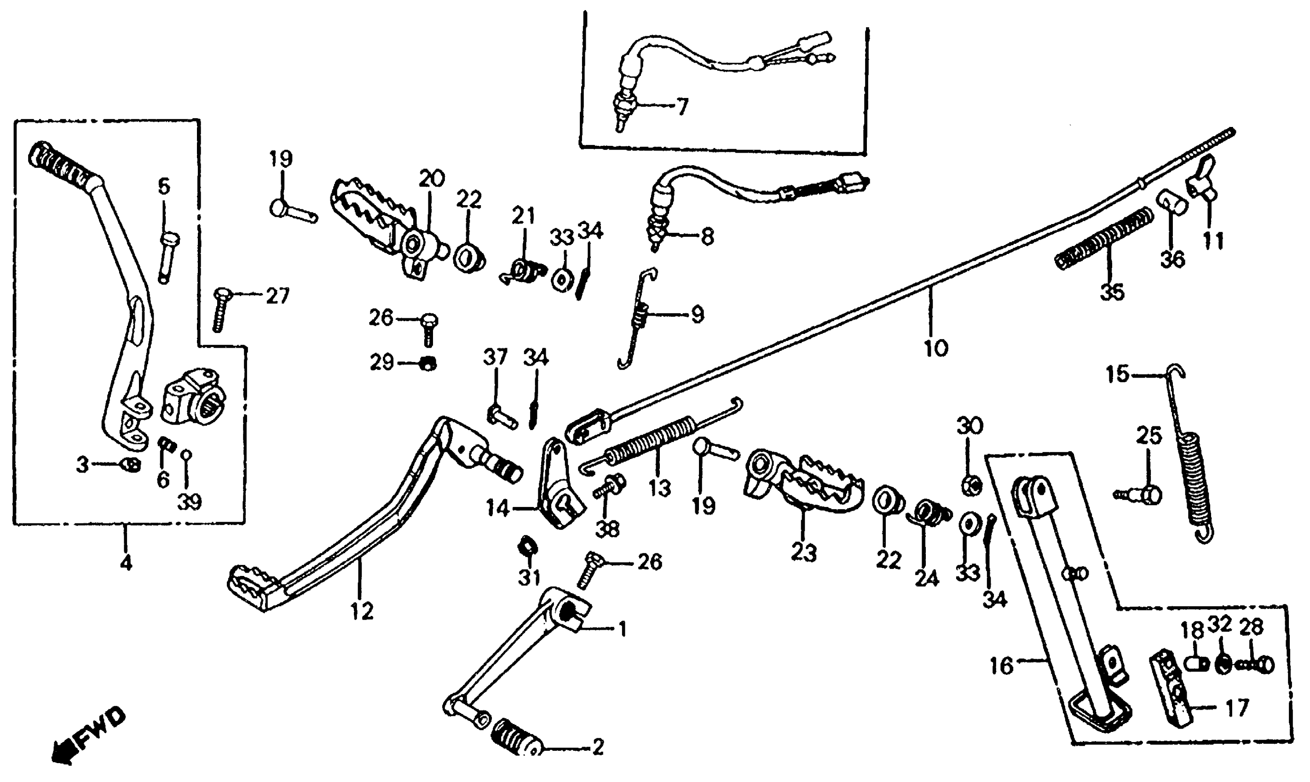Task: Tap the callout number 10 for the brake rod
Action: tap(936, 348)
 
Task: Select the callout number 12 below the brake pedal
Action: tap(362, 611)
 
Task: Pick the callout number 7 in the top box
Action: tap(682, 107)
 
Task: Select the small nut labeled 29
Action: tap(427, 363)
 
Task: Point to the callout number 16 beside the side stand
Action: tap(1001, 666)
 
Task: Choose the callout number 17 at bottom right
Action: tap(1237, 707)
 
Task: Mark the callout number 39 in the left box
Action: tap(189, 502)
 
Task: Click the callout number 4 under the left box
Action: tap(126, 563)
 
